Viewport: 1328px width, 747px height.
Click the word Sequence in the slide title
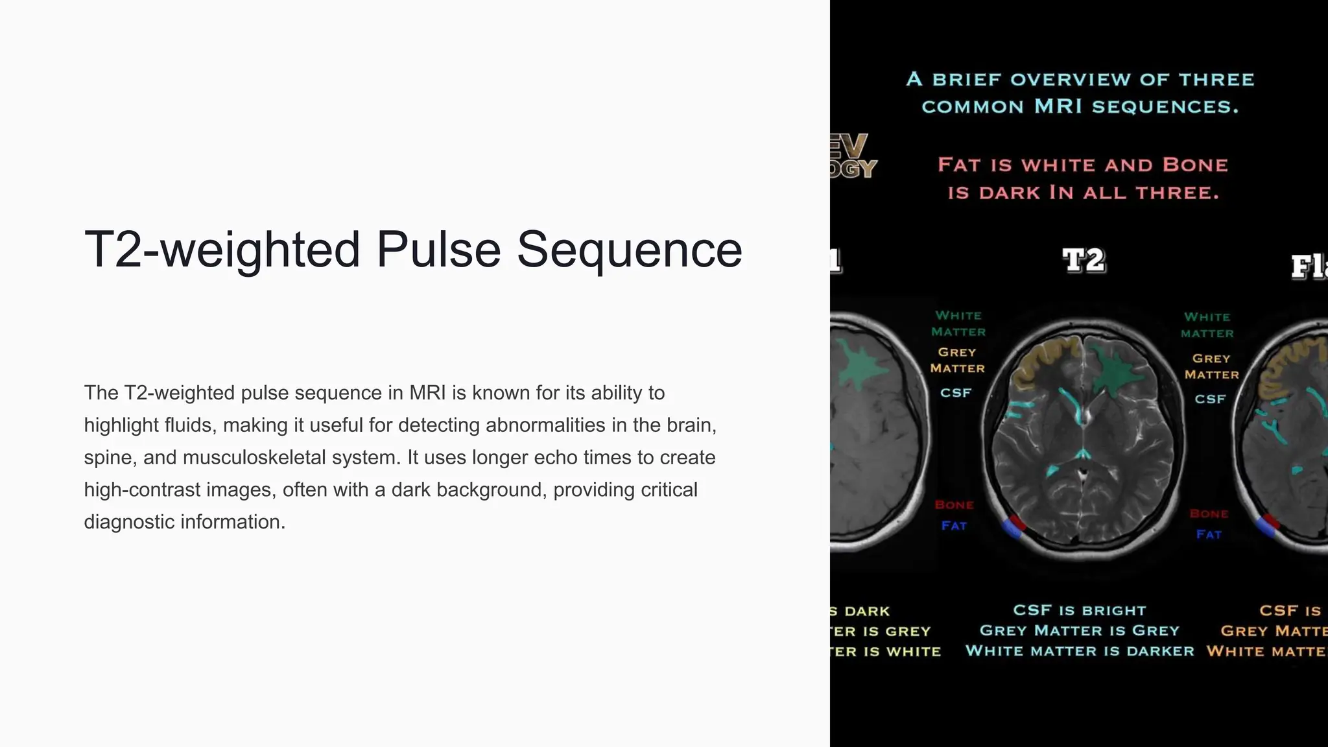[629, 250]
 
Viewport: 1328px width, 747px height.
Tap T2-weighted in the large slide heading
[222, 250]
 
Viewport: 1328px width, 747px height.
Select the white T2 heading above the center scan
[1084, 261]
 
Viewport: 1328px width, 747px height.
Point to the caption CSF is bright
[1080, 610]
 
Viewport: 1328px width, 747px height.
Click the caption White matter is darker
[1080, 651]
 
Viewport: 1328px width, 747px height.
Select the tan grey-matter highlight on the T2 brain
[1037, 363]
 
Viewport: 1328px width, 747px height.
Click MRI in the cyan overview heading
[1058, 106]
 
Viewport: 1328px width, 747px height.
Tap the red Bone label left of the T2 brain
[954, 505]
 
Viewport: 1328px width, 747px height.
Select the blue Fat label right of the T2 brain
[1209, 534]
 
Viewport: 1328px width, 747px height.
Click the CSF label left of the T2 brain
[956, 393]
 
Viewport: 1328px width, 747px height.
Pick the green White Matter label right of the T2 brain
[1207, 325]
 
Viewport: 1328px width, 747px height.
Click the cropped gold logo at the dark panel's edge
[852, 156]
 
